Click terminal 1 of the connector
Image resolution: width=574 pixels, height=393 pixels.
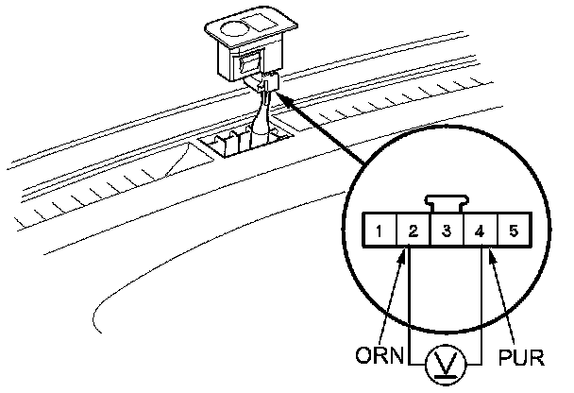[378, 230]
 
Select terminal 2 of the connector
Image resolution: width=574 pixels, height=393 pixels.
[412, 230]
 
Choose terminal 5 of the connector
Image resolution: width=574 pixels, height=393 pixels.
[513, 230]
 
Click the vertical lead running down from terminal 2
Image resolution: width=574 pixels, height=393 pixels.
[412, 302]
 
